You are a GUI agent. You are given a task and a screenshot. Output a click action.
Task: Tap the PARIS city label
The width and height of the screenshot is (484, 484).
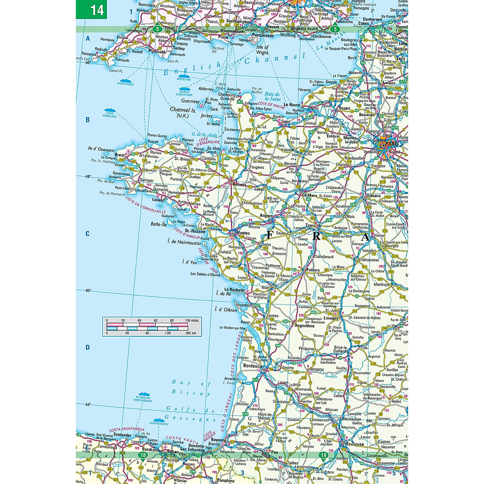(x=391, y=144)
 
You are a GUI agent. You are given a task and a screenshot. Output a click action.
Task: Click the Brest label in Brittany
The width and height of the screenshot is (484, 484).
(x=120, y=155)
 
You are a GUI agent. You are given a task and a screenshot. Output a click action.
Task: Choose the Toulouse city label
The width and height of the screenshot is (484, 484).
(x=353, y=444)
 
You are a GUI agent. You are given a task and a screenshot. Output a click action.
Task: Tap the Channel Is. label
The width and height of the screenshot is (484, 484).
(x=183, y=110)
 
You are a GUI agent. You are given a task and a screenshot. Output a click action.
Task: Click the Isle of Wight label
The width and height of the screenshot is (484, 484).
(x=262, y=50)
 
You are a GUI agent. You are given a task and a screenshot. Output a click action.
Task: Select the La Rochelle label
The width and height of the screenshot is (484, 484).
(x=234, y=290)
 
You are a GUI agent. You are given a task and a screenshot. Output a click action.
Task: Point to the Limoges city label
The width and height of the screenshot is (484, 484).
(x=331, y=318)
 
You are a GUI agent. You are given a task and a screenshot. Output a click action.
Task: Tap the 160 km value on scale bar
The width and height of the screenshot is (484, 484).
(x=191, y=334)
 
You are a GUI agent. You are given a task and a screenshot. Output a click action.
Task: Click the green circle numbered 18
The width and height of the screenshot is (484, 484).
(x=143, y=455)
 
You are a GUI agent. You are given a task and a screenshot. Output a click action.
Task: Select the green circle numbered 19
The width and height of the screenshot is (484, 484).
(x=323, y=455)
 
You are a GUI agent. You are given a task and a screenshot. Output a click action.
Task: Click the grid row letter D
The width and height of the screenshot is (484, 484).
(x=88, y=348)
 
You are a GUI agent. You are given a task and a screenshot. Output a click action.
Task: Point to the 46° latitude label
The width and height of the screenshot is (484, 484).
(x=88, y=290)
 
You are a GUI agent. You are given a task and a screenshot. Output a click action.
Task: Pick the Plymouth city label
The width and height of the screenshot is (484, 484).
(x=157, y=52)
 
